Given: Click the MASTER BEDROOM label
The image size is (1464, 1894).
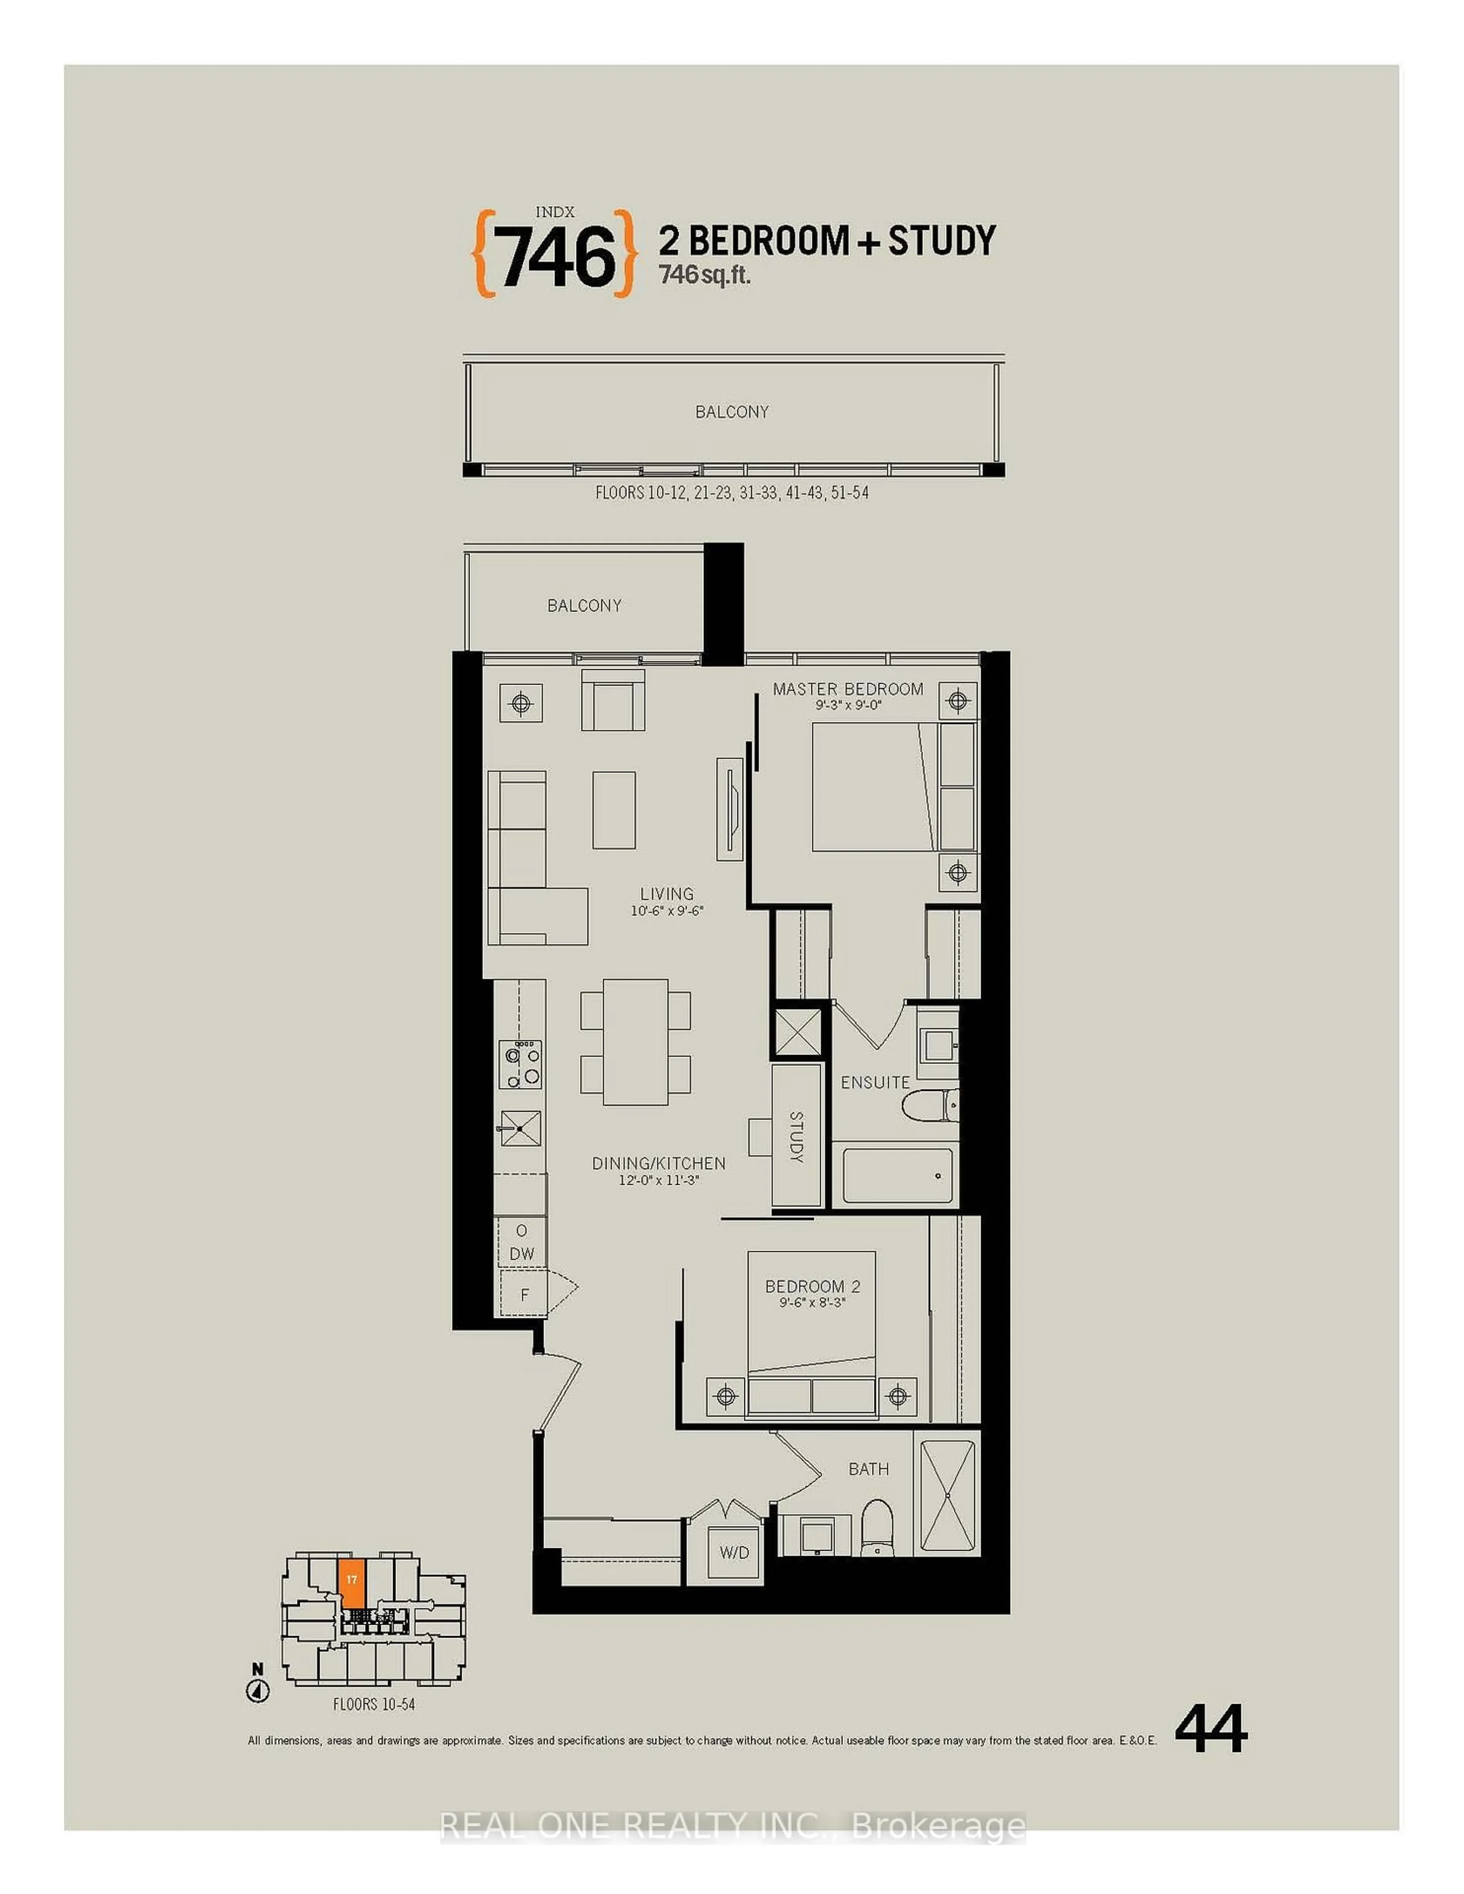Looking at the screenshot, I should pyautogui.click(x=848, y=689).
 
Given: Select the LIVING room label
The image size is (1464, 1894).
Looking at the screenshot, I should pyautogui.click(x=666, y=893).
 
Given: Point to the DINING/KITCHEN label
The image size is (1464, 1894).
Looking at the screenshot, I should pyautogui.click(x=658, y=1163).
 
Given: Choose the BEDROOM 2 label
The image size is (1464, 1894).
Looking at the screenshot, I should pyautogui.click(x=812, y=1286).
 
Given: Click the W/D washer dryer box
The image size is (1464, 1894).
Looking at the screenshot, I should pyautogui.click(x=734, y=1552).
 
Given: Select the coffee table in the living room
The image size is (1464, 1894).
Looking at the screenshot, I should pyautogui.click(x=614, y=810).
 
